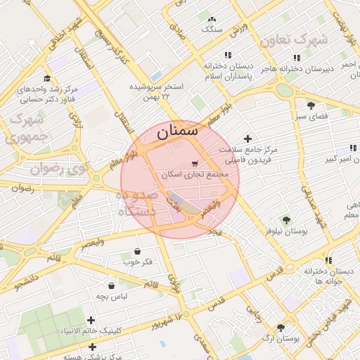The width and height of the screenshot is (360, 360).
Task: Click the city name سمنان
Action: (177, 131)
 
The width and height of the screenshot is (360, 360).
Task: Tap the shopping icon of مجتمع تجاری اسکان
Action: (194, 162)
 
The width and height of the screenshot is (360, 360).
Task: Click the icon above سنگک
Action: (212, 19)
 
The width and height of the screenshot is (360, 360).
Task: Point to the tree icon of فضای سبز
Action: (311, 105)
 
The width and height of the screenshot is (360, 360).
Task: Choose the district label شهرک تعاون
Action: (293, 40)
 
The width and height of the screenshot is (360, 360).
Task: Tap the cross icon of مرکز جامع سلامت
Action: (247, 139)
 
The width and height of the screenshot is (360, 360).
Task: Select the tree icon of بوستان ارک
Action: (281, 328)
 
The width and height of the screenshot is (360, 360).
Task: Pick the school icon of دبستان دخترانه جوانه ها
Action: (328, 260)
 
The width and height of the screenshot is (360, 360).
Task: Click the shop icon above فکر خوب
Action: (136, 251)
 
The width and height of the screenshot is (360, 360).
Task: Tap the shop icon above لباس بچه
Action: (112, 285)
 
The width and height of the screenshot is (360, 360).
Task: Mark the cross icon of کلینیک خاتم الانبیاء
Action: (91, 320)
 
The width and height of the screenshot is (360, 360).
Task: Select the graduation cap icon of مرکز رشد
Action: (47, 79)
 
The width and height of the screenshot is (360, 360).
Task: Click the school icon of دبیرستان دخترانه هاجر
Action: (297, 58)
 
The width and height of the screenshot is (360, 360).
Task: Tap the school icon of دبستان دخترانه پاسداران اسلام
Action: (227, 55)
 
